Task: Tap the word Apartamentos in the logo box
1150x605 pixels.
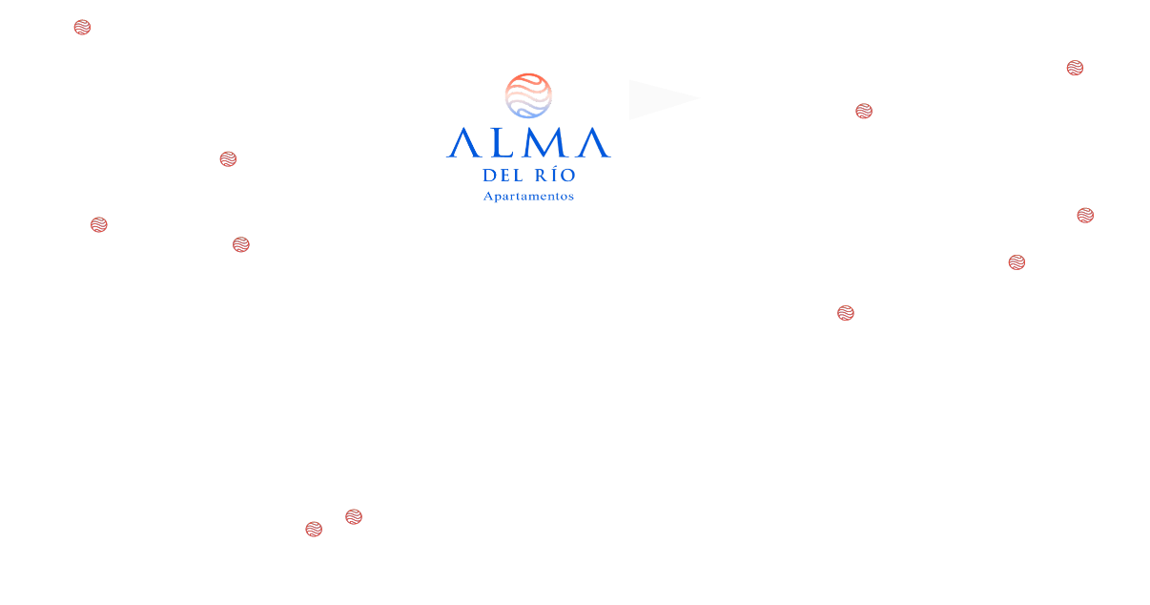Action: click(x=527, y=197)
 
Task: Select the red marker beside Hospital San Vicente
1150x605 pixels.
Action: click(x=83, y=28)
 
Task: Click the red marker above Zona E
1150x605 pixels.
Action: click(x=228, y=159)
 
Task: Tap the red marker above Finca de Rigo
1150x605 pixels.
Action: click(x=98, y=225)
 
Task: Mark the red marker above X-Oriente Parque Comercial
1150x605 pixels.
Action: click(x=241, y=245)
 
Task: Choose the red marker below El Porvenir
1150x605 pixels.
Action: click(x=863, y=112)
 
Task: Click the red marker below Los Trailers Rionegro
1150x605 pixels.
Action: click(x=844, y=313)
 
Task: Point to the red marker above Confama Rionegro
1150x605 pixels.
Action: click(x=1017, y=262)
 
